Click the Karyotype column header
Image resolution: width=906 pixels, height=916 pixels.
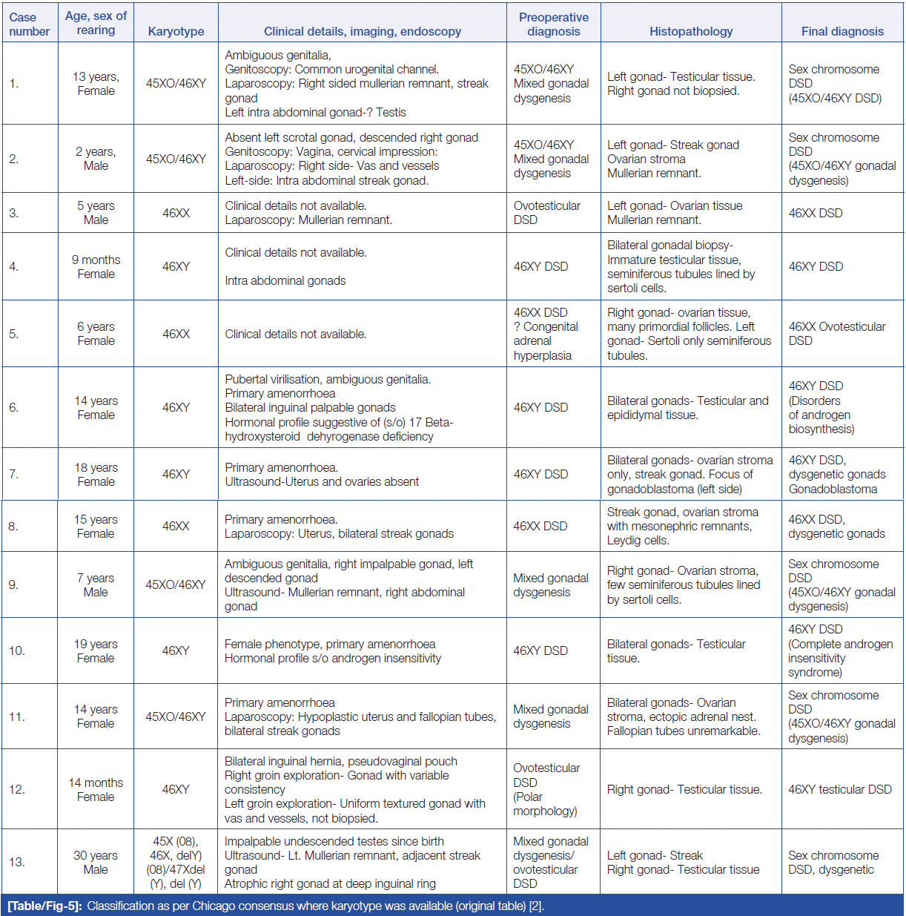pyautogui.click(x=176, y=31)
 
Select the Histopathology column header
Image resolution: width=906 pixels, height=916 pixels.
pyautogui.click(x=691, y=31)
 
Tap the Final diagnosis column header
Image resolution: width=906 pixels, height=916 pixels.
pyautogui.click(x=842, y=31)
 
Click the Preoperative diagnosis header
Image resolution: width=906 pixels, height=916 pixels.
pyautogui.click(x=554, y=24)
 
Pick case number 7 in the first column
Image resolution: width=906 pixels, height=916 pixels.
pyautogui.click(x=14, y=474)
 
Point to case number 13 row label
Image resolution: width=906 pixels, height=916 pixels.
pyautogui.click(x=17, y=862)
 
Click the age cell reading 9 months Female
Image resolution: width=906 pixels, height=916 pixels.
pyautogui.click(x=96, y=266)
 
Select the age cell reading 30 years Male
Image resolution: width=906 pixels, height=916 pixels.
pyautogui.click(x=96, y=862)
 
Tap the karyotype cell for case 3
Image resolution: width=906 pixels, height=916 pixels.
pyautogui.click(x=176, y=213)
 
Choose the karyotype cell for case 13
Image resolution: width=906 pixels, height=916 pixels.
pyautogui.click(x=176, y=862)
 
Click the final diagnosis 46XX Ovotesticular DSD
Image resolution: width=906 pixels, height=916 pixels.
pyautogui.click(x=837, y=333)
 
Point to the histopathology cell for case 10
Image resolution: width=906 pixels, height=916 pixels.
pyautogui.click(x=676, y=650)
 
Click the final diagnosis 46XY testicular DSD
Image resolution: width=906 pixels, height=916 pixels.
pyautogui.click(x=840, y=789)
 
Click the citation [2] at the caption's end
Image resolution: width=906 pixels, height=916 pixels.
pyautogui.click(x=536, y=906)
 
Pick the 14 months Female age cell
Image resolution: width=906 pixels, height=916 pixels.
pyautogui.click(x=96, y=789)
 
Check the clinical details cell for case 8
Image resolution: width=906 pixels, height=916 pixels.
pyautogui.click(x=339, y=526)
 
